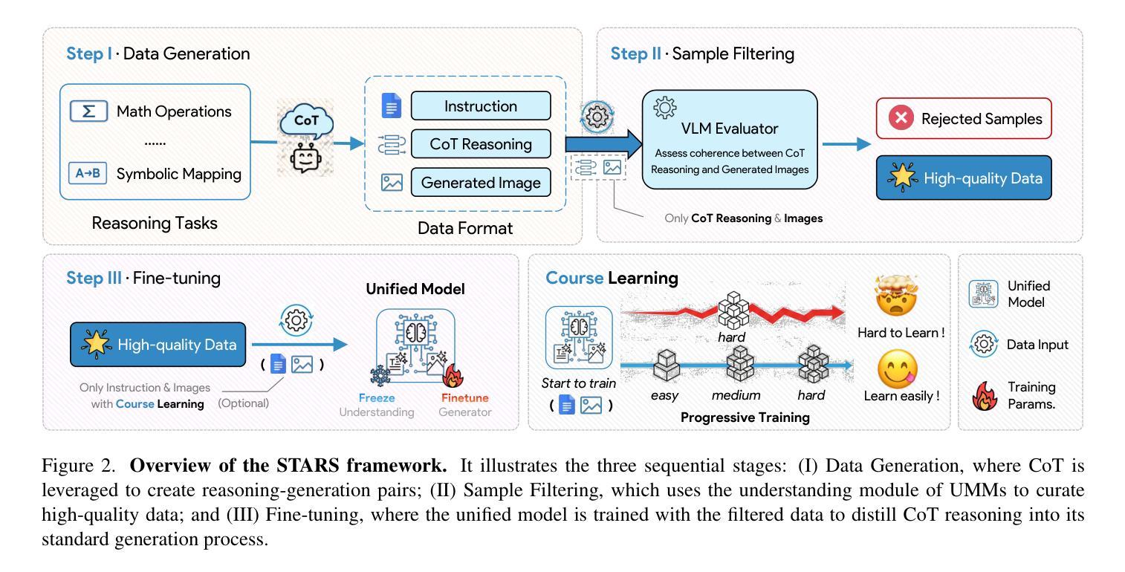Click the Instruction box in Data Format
click(481, 106)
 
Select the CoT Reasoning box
click(481, 144)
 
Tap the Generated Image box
click(481, 182)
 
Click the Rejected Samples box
click(964, 119)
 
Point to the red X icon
click(901, 119)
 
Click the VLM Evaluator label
click(729, 129)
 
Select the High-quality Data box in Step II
click(964, 178)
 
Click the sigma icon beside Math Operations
click(88, 111)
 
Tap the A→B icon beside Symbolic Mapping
click(88, 173)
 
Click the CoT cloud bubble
click(306, 120)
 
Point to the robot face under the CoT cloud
click(306, 157)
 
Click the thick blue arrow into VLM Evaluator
click(603, 144)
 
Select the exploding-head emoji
click(896, 296)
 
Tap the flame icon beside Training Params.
click(985, 396)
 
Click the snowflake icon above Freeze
click(380, 376)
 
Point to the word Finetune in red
click(464, 397)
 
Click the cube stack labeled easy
click(666, 365)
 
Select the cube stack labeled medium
click(740, 363)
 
